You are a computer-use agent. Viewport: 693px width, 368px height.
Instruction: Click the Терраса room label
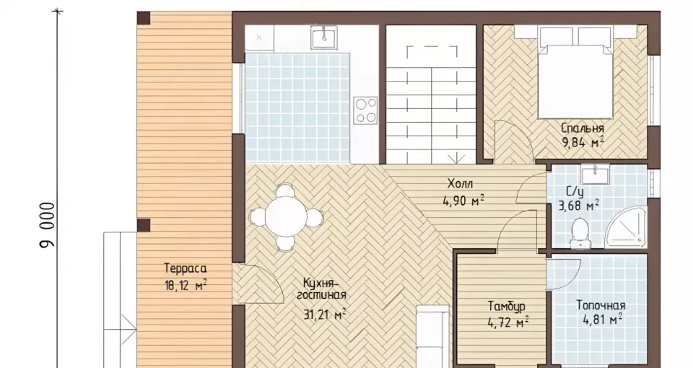(x=186, y=268)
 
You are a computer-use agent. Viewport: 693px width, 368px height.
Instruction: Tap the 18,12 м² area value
(x=186, y=286)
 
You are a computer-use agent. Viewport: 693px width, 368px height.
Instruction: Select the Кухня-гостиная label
(x=321, y=288)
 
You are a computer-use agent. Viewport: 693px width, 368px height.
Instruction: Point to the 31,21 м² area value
(x=324, y=315)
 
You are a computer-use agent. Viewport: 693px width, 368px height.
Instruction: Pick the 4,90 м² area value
(x=463, y=201)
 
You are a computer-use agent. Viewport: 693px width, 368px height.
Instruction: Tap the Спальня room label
(x=582, y=128)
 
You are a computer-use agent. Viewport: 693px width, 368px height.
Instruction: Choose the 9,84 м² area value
(x=583, y=143)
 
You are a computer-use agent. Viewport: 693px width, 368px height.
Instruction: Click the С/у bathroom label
(x=575, y=192)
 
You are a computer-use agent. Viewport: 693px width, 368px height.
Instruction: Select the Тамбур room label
(x=507, y=306)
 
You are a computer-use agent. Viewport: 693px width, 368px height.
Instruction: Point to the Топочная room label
(x=601, y=305)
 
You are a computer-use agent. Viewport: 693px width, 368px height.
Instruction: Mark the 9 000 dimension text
(x=48, y=225)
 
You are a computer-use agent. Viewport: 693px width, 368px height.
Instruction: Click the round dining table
(x=286, y=217)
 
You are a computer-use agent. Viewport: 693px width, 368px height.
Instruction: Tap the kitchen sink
(x=324, y=37)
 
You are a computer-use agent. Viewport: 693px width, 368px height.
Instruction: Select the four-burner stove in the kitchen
(x=365, y=110)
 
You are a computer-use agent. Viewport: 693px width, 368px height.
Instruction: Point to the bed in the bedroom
(x=575, y=72)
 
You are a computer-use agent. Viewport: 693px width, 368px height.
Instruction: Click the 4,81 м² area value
(x=601, y=319)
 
